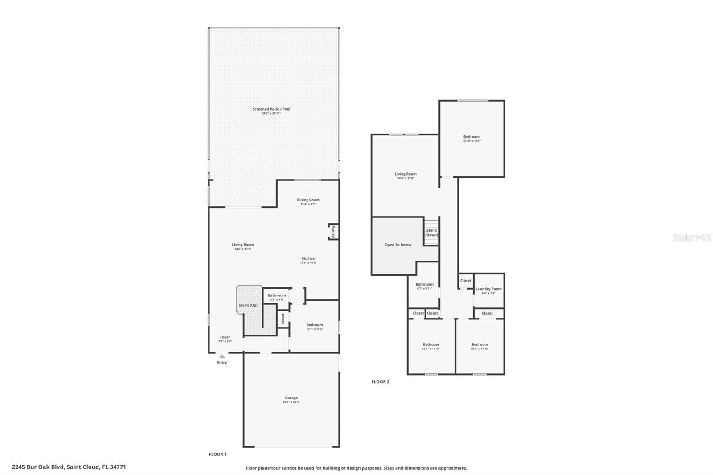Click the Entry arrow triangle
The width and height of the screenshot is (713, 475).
click(x=222, y=356)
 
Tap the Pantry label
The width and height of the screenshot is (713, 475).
click(x=333, y=231)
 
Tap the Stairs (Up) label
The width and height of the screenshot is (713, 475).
click(x=248, y=305)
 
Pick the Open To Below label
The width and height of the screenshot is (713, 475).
click(x=398, y=245)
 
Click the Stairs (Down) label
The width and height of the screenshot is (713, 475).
click(x=431, y=233)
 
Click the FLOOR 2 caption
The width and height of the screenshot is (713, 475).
click(x=381, y=381)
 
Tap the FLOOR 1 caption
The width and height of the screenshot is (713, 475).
click(x=217, y=454)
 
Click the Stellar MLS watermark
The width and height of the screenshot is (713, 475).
click(x=692, y=238)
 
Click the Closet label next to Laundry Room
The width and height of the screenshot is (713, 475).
click(x=466, y=280)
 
